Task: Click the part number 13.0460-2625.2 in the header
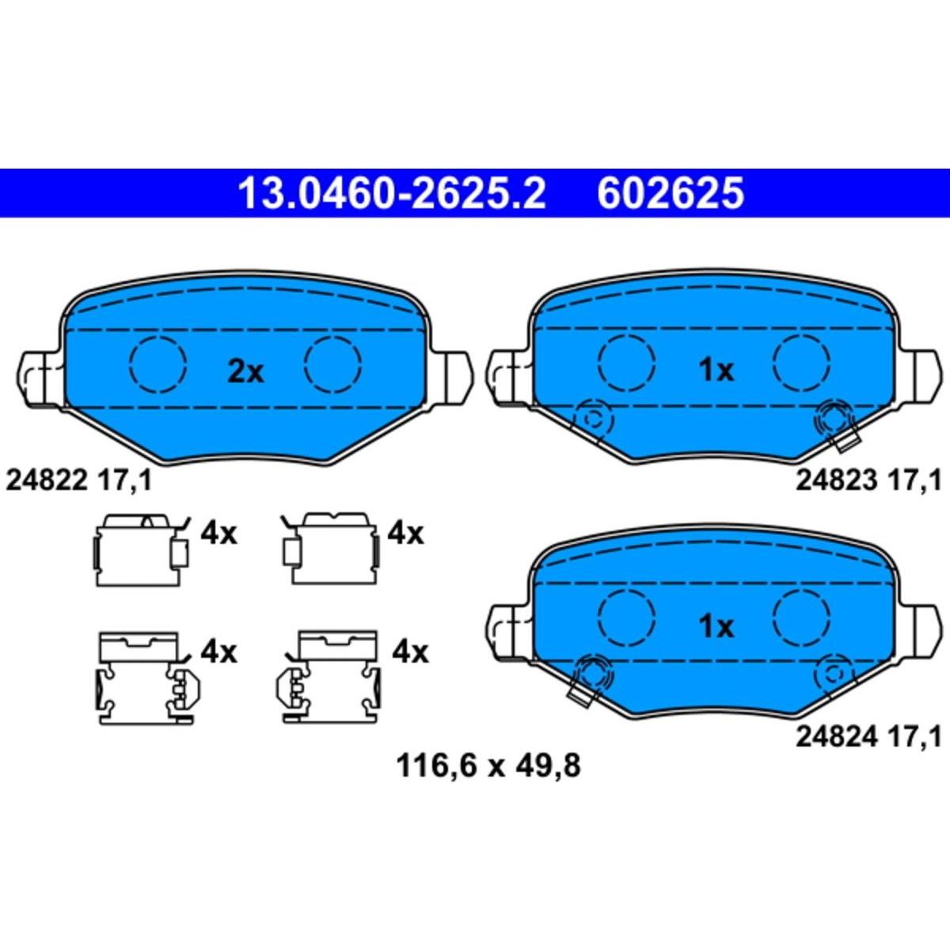392,194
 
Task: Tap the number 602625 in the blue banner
671,194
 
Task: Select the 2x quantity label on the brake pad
245,372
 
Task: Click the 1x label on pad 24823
716,370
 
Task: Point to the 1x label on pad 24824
716,627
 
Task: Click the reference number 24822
46,481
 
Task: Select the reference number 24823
837,481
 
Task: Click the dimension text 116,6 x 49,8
488,781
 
